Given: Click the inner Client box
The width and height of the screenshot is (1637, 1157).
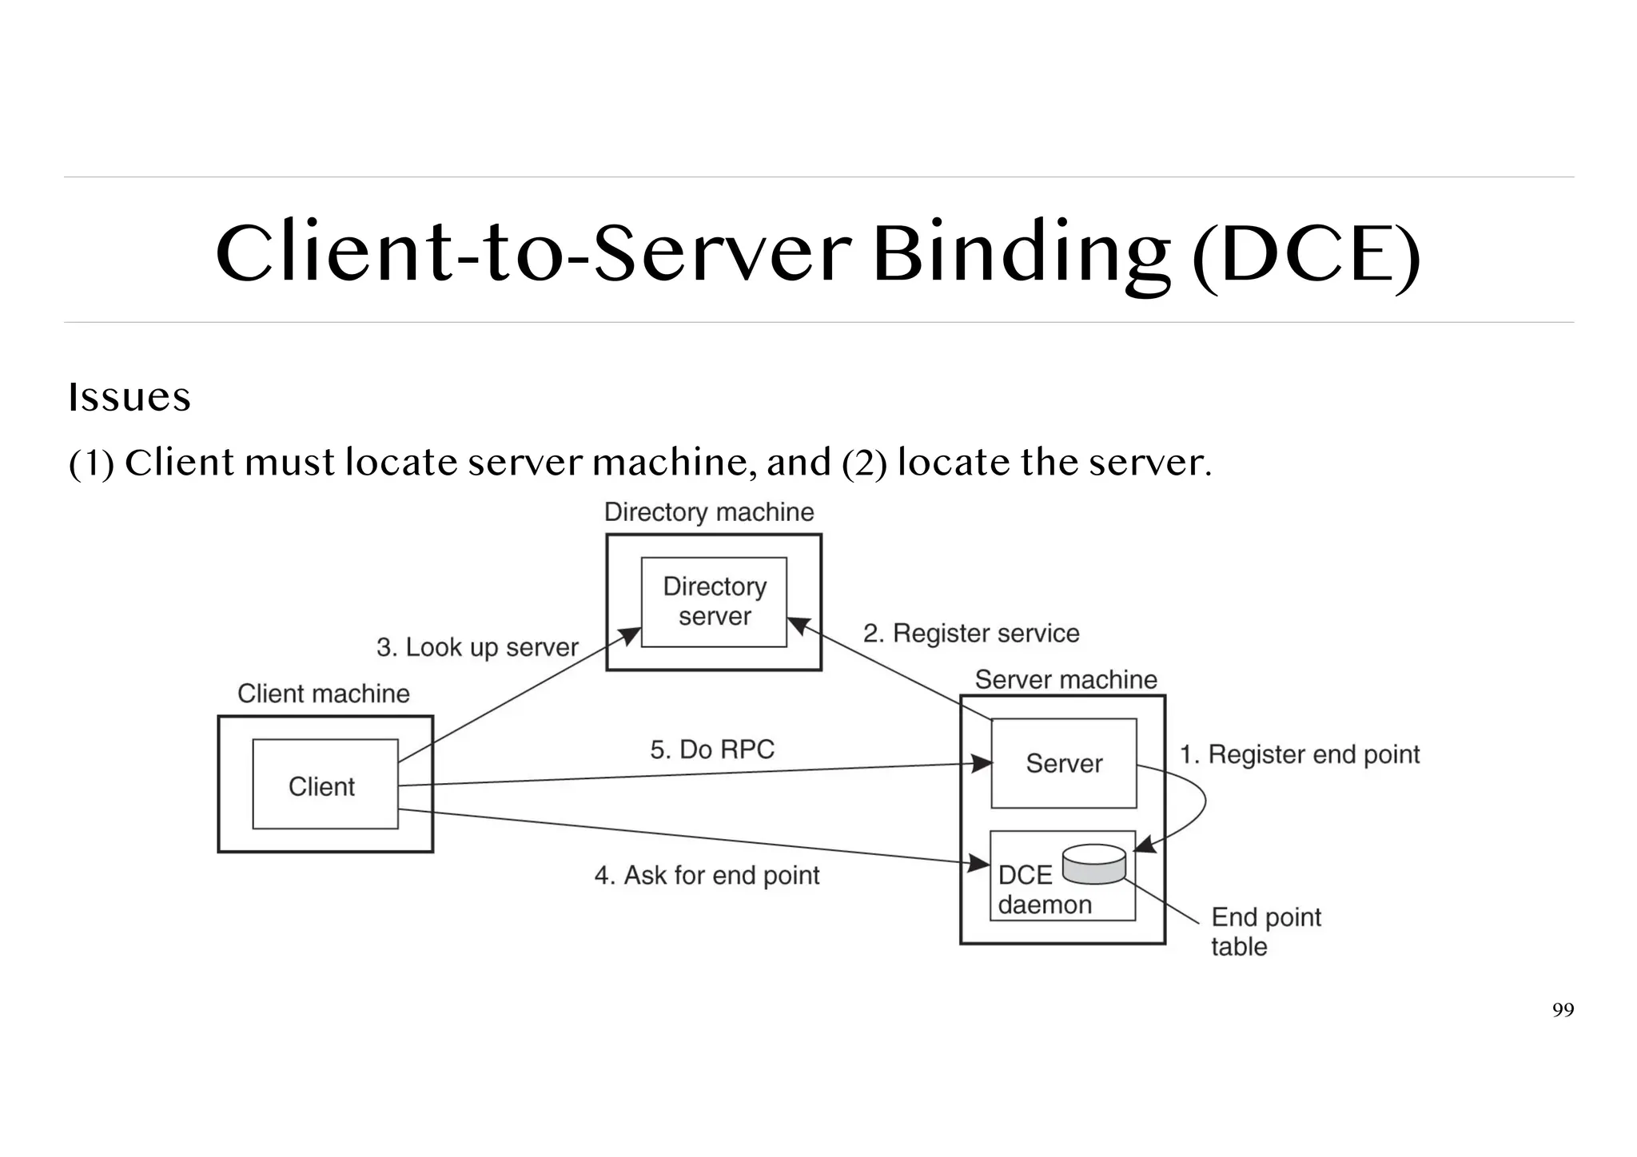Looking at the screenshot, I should click(325, 784).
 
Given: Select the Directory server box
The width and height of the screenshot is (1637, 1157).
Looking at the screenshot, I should click(714, 602).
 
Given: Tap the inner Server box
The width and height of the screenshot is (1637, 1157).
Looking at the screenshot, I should click(1063, 763).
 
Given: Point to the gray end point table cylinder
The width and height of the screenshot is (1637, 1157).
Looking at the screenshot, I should click(1094, 864).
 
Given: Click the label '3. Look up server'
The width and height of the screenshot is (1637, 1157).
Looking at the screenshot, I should click(477, 647).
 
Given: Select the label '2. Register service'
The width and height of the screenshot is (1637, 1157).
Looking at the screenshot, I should click(971, 634).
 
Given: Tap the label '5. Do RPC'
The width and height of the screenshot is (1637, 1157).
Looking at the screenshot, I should click(712, 749).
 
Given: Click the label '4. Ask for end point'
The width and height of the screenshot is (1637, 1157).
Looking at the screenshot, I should click(707, 876).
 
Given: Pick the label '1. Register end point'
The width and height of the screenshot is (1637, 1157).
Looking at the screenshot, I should click(1300, 754).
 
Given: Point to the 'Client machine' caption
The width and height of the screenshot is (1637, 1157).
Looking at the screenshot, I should click(324, 694).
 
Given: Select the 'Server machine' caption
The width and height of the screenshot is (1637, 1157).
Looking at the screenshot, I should click(1065, 680).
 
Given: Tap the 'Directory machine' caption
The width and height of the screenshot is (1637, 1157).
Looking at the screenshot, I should click(709, 512).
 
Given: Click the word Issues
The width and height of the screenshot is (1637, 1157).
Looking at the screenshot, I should click(129, 397).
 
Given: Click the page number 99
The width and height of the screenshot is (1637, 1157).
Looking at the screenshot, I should click(1563, 1010).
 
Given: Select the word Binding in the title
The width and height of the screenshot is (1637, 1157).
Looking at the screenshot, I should click(1022, 253).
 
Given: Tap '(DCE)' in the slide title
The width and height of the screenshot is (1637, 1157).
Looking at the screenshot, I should click(1306, 255).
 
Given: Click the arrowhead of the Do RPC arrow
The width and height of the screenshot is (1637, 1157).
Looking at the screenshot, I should click(982, 764).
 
